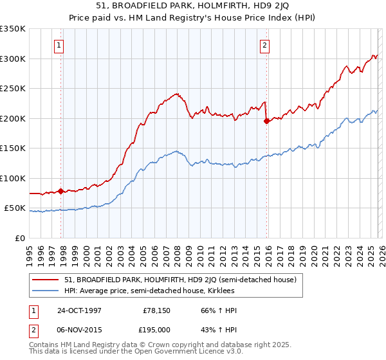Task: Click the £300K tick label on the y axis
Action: pos(13,59)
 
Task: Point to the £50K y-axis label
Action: pos(15,208)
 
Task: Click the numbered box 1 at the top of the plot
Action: pos(59,45)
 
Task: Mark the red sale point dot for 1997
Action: pos(61,191)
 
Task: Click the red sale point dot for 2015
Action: pos(266,121)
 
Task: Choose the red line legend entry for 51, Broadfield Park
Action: pos(180,280)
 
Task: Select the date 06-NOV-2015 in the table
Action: pos(79,330)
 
